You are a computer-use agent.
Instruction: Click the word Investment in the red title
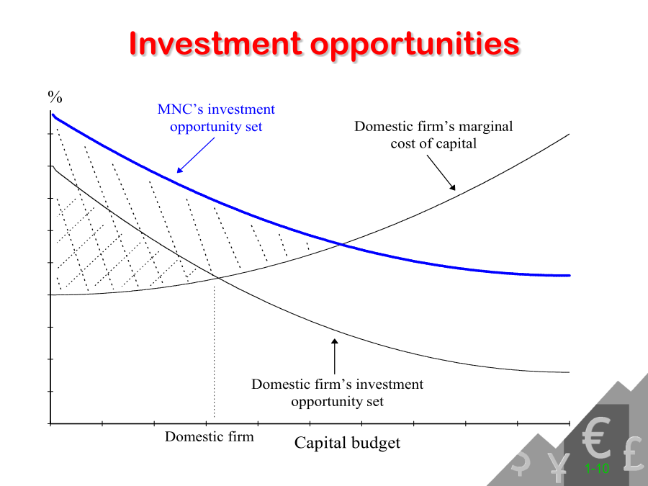(215, 43)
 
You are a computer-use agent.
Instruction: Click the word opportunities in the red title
(415, 45)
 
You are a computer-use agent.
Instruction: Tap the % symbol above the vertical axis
(55, 96)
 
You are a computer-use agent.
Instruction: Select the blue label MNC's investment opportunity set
(216, 118)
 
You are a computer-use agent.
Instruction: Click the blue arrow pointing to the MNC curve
(195, 155)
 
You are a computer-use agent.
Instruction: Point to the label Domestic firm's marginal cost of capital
(433, 135)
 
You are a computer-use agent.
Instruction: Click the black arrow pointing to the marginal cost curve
(441, 173)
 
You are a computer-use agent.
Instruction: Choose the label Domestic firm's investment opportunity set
(337, 392)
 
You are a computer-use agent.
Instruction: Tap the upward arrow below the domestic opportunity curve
(335, 356)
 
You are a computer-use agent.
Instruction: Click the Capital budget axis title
(347, 443)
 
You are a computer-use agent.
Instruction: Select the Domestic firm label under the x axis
(209, 436)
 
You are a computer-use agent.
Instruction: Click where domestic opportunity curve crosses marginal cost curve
(217, 279)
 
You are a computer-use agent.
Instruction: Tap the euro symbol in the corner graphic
(596, 437)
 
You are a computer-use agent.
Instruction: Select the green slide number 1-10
(597, 469)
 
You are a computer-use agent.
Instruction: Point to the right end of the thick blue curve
(570, 275)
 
